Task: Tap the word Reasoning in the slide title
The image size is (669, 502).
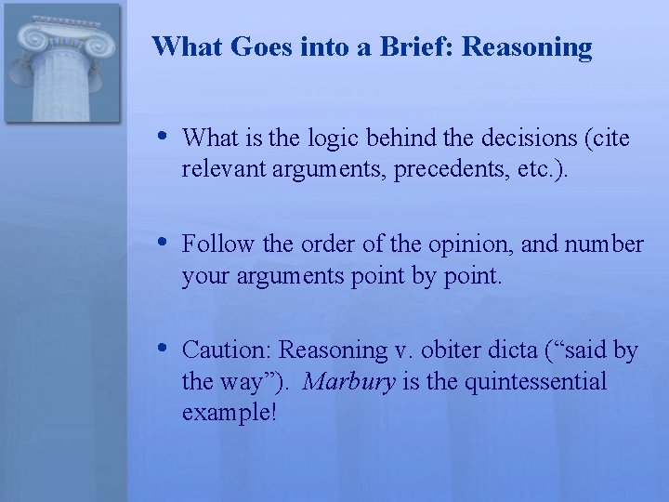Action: tap(526, 46)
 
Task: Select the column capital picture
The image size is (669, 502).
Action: tap(61, 63)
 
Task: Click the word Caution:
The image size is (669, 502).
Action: tap(228, 350)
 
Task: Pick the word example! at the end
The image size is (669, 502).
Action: tap(230, 412)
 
